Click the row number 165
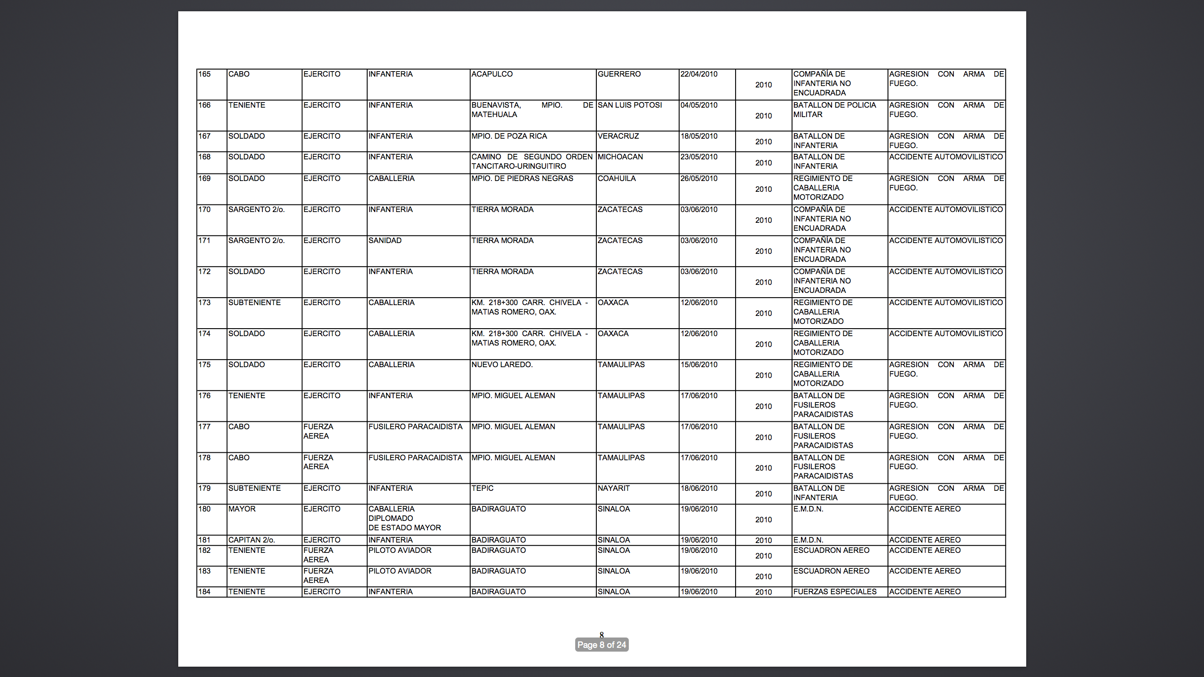[x=205, y=74]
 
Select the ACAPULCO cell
[x=492, y=74]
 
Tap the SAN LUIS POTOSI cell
[x=629, y=105]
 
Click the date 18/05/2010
[x=699, y=136]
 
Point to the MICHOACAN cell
[x=620, y=157]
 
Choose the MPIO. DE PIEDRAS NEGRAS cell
[x=522, y=179]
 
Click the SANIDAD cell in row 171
[x=385, y=241]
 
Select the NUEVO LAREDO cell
[x=502, y=365]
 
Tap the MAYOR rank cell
[x=242, y=509]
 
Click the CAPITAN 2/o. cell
[x=252, y=540]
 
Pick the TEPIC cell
[x=483, y=488]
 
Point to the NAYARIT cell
[x=613, y=488]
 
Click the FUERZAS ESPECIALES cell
[x=835, y=592]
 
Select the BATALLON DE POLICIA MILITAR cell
[x=834, y=110]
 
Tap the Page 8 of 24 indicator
[x=602, y=645]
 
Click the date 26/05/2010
[x=699, y=179]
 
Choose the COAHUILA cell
[x=617, y=179]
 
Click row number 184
[x=205, y=592]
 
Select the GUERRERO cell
[x=619, y=74]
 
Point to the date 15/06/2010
[x=699, y=365]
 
